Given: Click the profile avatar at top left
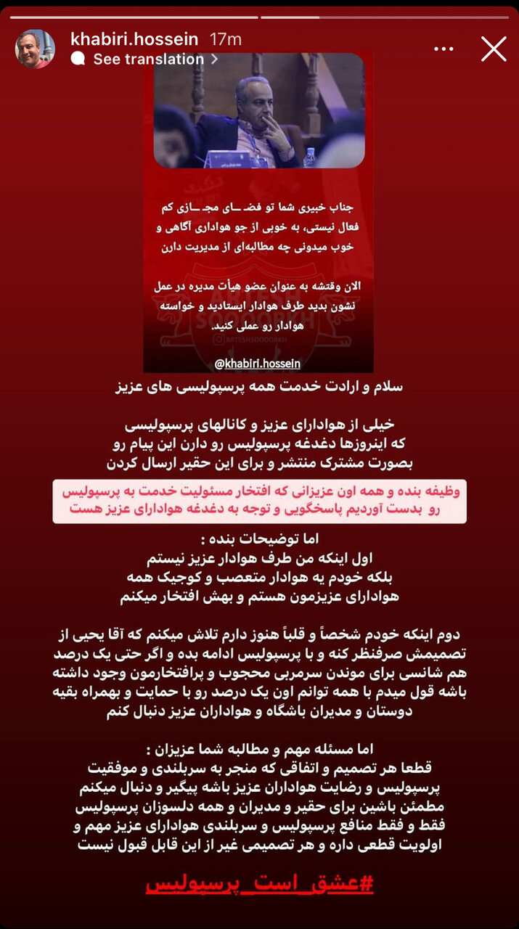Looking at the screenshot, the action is click(x=35, y=49).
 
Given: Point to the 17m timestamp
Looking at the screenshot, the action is click(x=224, y=39).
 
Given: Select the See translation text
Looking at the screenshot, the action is click(x=148, y=60).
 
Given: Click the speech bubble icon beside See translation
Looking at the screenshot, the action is click(x=78, y=60).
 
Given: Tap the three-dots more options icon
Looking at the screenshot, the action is click(x=444, y=49).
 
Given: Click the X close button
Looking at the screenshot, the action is click(x=494, y=49).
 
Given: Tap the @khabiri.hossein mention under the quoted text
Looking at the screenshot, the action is click(x=258, y=363).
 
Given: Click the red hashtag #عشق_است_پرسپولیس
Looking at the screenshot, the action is click(x=259, y=885).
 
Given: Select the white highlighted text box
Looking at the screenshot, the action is click(x=259, y=501).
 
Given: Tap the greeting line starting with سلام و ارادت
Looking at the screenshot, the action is click(x=259, y=387).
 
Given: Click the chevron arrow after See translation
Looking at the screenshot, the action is click(x=214, y=60).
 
